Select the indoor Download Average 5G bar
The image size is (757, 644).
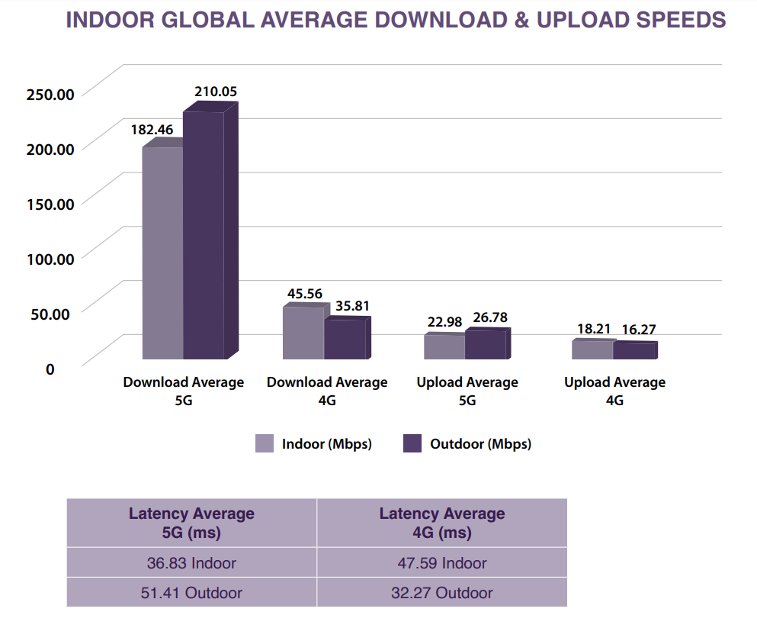click(x=162, y=252)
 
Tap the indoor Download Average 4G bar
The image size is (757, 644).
click(x=303, y=333)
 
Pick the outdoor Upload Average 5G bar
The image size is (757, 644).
click(x=486, y=344)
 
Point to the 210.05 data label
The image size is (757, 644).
click(x=216, y=92)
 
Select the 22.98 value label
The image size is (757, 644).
click(x=445, y=322)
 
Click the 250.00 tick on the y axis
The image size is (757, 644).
click(x=50, y=94)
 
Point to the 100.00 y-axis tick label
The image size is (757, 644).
click(x=50, y=258)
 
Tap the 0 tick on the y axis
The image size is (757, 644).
click(x=50, y=369)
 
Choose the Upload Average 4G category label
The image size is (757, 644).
click(x=614, y=391)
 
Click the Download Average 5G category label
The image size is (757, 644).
click(x=184, y=391)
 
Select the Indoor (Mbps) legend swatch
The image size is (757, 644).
click(x=265, y=443)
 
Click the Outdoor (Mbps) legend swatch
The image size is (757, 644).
click(x=412, y=443)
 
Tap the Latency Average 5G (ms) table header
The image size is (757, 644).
click(x=191, y=523)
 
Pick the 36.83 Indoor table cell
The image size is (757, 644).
click(x=191, y=563)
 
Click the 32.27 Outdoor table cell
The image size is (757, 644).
click(x=442, y=592)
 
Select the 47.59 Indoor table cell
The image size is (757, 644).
click(x=442, y=563)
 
